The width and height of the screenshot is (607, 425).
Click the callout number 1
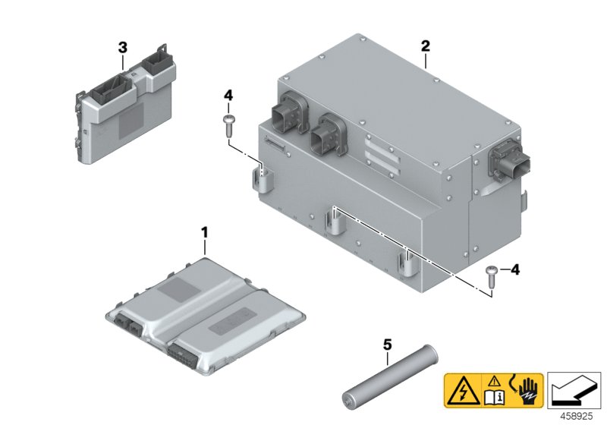[203, 230]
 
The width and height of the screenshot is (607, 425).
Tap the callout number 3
[123, 48]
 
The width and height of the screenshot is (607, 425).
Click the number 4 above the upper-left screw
[227, 96]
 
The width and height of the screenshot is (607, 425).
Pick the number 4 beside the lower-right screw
[515, 269]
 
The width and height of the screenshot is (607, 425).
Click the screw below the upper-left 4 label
[228, 123]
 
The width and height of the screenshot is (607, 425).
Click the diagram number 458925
[579, 415]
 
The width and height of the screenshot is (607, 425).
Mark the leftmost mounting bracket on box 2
[259, 182]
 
